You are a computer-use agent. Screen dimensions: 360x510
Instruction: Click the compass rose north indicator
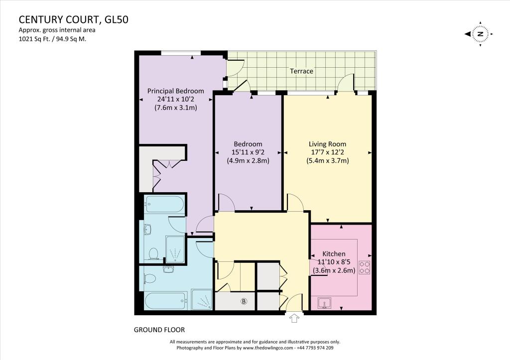[480, 34]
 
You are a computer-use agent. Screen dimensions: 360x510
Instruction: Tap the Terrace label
[302, 71]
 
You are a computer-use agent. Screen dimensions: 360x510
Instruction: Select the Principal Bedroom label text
[176, 91]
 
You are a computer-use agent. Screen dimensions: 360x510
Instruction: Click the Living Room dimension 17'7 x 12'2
[327, 152]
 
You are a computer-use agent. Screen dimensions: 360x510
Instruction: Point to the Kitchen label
[334, 254]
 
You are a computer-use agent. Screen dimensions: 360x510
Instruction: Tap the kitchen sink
[324, 303]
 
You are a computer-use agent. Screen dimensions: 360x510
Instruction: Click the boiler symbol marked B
[244, 301]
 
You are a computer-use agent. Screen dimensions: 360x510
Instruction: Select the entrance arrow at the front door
[294, 317]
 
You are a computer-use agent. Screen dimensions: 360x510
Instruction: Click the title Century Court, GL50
[69, 20]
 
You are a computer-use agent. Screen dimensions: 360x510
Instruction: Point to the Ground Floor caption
[159, 330]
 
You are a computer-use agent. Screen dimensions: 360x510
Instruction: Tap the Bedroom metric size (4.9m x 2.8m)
[248, 160]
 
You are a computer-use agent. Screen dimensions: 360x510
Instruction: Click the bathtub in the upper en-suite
[164, 203]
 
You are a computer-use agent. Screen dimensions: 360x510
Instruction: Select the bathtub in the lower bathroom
[164, 301]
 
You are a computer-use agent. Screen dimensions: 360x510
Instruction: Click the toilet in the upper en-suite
[153, 254]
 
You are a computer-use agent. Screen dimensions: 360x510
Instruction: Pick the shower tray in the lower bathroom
[202, 300]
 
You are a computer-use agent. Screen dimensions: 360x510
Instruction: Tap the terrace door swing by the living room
[346, 83]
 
